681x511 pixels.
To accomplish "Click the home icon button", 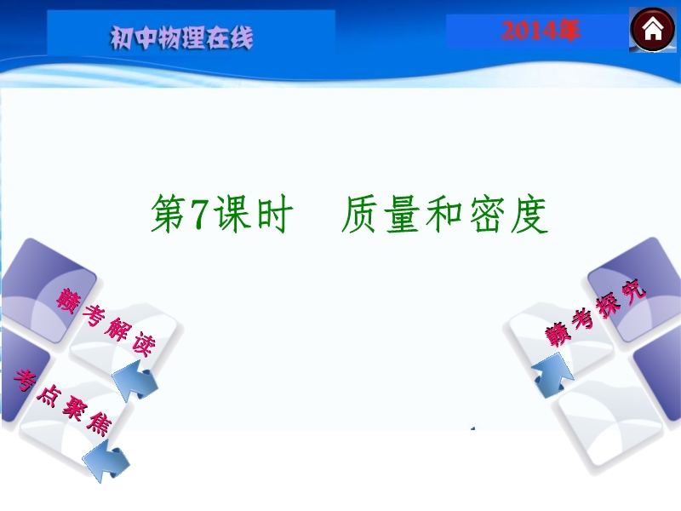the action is [652, 30].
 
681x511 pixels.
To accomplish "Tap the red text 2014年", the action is [541, 31].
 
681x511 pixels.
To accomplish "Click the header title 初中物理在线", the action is [181, 37].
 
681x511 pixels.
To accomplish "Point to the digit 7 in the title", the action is [200, 215].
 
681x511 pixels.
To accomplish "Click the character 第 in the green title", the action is [168, 215].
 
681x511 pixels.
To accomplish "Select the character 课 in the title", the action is [233, 215].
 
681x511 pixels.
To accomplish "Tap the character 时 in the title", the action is [274, 215].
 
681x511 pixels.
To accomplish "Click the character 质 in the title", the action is [359, 215].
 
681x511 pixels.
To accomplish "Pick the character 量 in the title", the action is [402, 215].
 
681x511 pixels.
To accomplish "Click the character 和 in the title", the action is [444, 215].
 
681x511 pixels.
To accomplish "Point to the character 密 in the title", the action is [486, 215].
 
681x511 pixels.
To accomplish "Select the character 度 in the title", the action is [529, 215].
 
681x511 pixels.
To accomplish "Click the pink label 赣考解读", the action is [106, 322].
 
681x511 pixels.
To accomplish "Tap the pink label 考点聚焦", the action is [62, 403].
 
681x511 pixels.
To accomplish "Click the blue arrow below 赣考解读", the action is [135, 381].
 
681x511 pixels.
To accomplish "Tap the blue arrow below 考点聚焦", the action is [106, 460].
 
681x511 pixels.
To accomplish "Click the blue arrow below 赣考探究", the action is [552, 376].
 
